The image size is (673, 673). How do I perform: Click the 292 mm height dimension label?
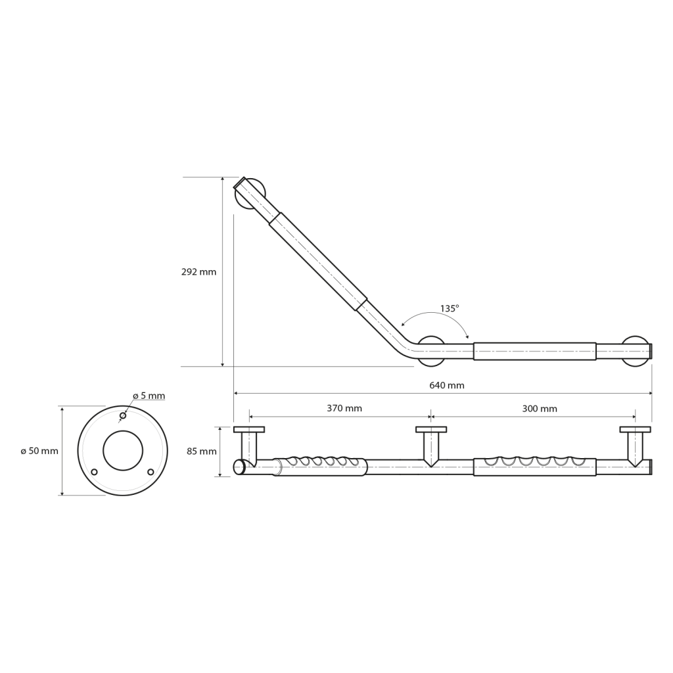coord(198,272)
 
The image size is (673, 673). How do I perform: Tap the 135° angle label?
coord(450,308)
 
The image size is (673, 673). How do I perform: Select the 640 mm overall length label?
coord(447,385)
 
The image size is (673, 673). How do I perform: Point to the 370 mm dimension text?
coord(344,408)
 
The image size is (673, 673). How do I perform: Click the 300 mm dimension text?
coord(540,409)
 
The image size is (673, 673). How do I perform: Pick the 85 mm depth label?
coord(202,452)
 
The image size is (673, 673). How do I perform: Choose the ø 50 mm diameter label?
coord(39,451)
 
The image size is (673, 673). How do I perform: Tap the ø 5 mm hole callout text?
coord(149,396)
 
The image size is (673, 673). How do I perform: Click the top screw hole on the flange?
coord(123,415)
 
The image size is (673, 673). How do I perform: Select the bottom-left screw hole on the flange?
coord(95,472)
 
